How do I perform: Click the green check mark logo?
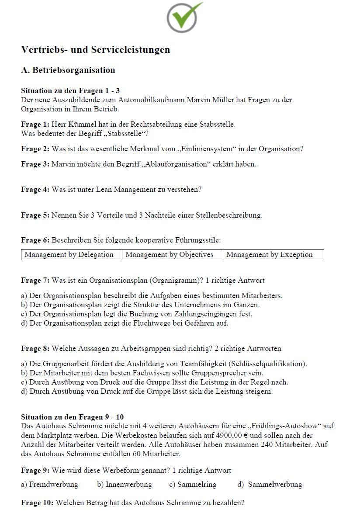[184, 17]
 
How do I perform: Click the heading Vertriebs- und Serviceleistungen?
[95, 50]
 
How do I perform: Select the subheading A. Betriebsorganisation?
[68, 70]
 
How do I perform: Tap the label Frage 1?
[35, 125]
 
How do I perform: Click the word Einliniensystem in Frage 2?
[204, 149]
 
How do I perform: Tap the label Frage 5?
[35, 215]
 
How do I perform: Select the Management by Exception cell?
[270, 255]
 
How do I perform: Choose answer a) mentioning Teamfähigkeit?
[164, 364]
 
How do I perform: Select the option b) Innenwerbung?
[125, 485]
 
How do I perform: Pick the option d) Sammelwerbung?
[270, 485]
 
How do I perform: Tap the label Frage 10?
[37, 503]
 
